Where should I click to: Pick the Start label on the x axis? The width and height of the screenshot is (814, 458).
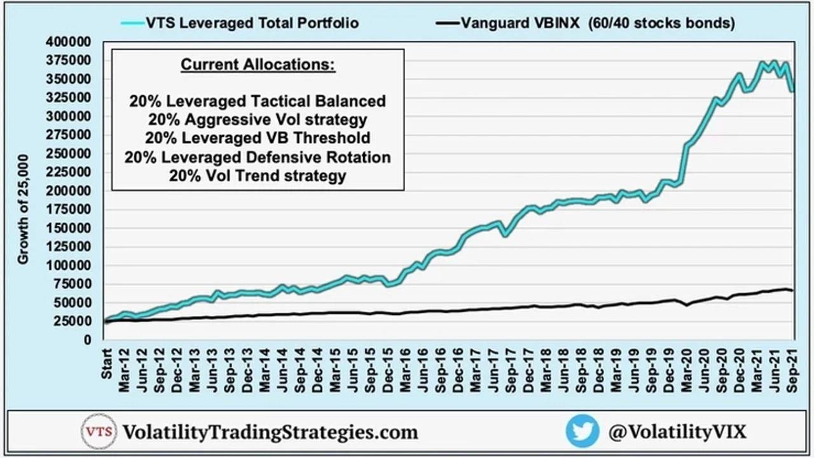click(x=106, y=363)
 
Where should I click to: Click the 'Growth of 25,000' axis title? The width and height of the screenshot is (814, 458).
click(x=23, y=209)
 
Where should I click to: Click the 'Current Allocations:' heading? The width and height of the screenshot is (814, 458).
click(x=258, y=65)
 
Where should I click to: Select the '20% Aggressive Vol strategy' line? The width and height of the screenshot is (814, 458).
click(x=258, y=120)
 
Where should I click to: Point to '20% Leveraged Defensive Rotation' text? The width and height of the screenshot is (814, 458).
click(x=258, y=157)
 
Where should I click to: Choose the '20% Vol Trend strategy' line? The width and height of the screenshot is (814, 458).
click(x=258, y=176)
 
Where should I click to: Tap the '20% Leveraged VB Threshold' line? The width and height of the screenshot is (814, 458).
click(x=258, y=138)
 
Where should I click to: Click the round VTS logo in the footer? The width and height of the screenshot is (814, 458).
click(x=99, y=432)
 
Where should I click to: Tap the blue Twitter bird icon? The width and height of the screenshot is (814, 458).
click(x=582, y=431)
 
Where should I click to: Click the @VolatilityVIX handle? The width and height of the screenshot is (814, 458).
click(x=677, y=432)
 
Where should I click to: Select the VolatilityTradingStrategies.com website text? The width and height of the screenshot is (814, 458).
click(x=270, y=433)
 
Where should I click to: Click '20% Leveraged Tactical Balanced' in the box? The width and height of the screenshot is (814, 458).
click(x=258, y=101)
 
